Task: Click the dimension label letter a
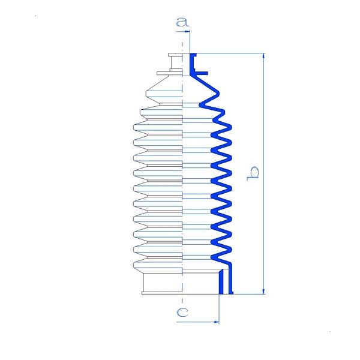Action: coord(182,22)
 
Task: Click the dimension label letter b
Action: coord(253,173)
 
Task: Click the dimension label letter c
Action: coord(182,312)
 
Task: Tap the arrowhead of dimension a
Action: coord(187,31)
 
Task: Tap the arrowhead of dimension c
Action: coord(217,322)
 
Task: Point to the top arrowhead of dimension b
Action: coord(263,56)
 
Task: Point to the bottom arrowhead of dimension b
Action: coord(263,292)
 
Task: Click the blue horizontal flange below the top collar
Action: coord(200,73)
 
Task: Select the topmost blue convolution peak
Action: coord(217,94)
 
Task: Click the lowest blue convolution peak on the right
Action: coord(230,249)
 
